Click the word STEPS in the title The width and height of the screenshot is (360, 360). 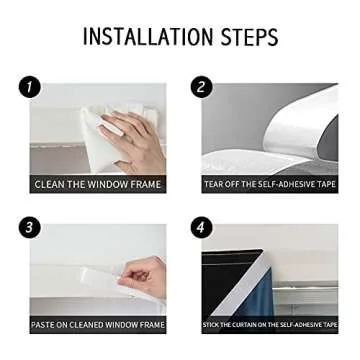tap(244, 38)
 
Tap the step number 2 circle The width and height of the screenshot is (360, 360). tap(202, 87)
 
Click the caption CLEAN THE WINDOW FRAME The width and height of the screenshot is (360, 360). tap(97, 184)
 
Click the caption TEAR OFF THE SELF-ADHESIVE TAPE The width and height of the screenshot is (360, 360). tap(270, 184)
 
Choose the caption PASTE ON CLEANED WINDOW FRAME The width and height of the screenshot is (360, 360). tap(97, 325)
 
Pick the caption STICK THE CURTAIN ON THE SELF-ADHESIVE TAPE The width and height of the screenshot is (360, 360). tap(270, 325)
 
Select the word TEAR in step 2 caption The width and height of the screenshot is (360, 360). tap(214, 184)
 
